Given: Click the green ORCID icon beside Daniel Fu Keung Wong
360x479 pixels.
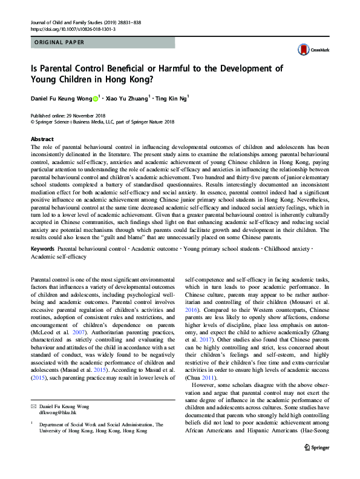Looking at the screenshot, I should point(95,97).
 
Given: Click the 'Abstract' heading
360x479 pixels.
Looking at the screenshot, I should point(42,139).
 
